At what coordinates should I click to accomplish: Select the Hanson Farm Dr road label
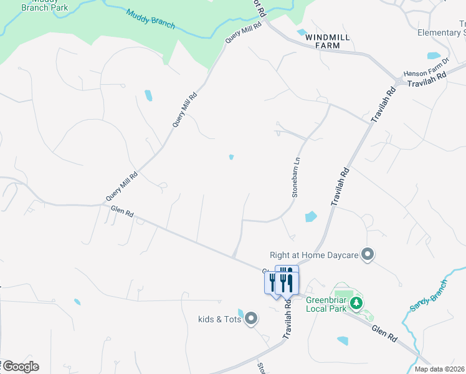coord(426,73)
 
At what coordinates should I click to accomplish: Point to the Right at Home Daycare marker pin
coord(368,254)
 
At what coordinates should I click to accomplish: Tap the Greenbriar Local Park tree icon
coord(356,303)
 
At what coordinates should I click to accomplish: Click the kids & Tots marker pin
coord(251,319)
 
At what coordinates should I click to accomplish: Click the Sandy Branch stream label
coord(429,296)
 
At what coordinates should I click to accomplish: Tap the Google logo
coord(20,367)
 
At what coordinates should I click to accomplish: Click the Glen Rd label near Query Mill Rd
coord(122,213)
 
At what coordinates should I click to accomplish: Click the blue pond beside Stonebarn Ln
coord(310,217)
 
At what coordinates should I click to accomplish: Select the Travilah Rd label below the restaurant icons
coord(288,319)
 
